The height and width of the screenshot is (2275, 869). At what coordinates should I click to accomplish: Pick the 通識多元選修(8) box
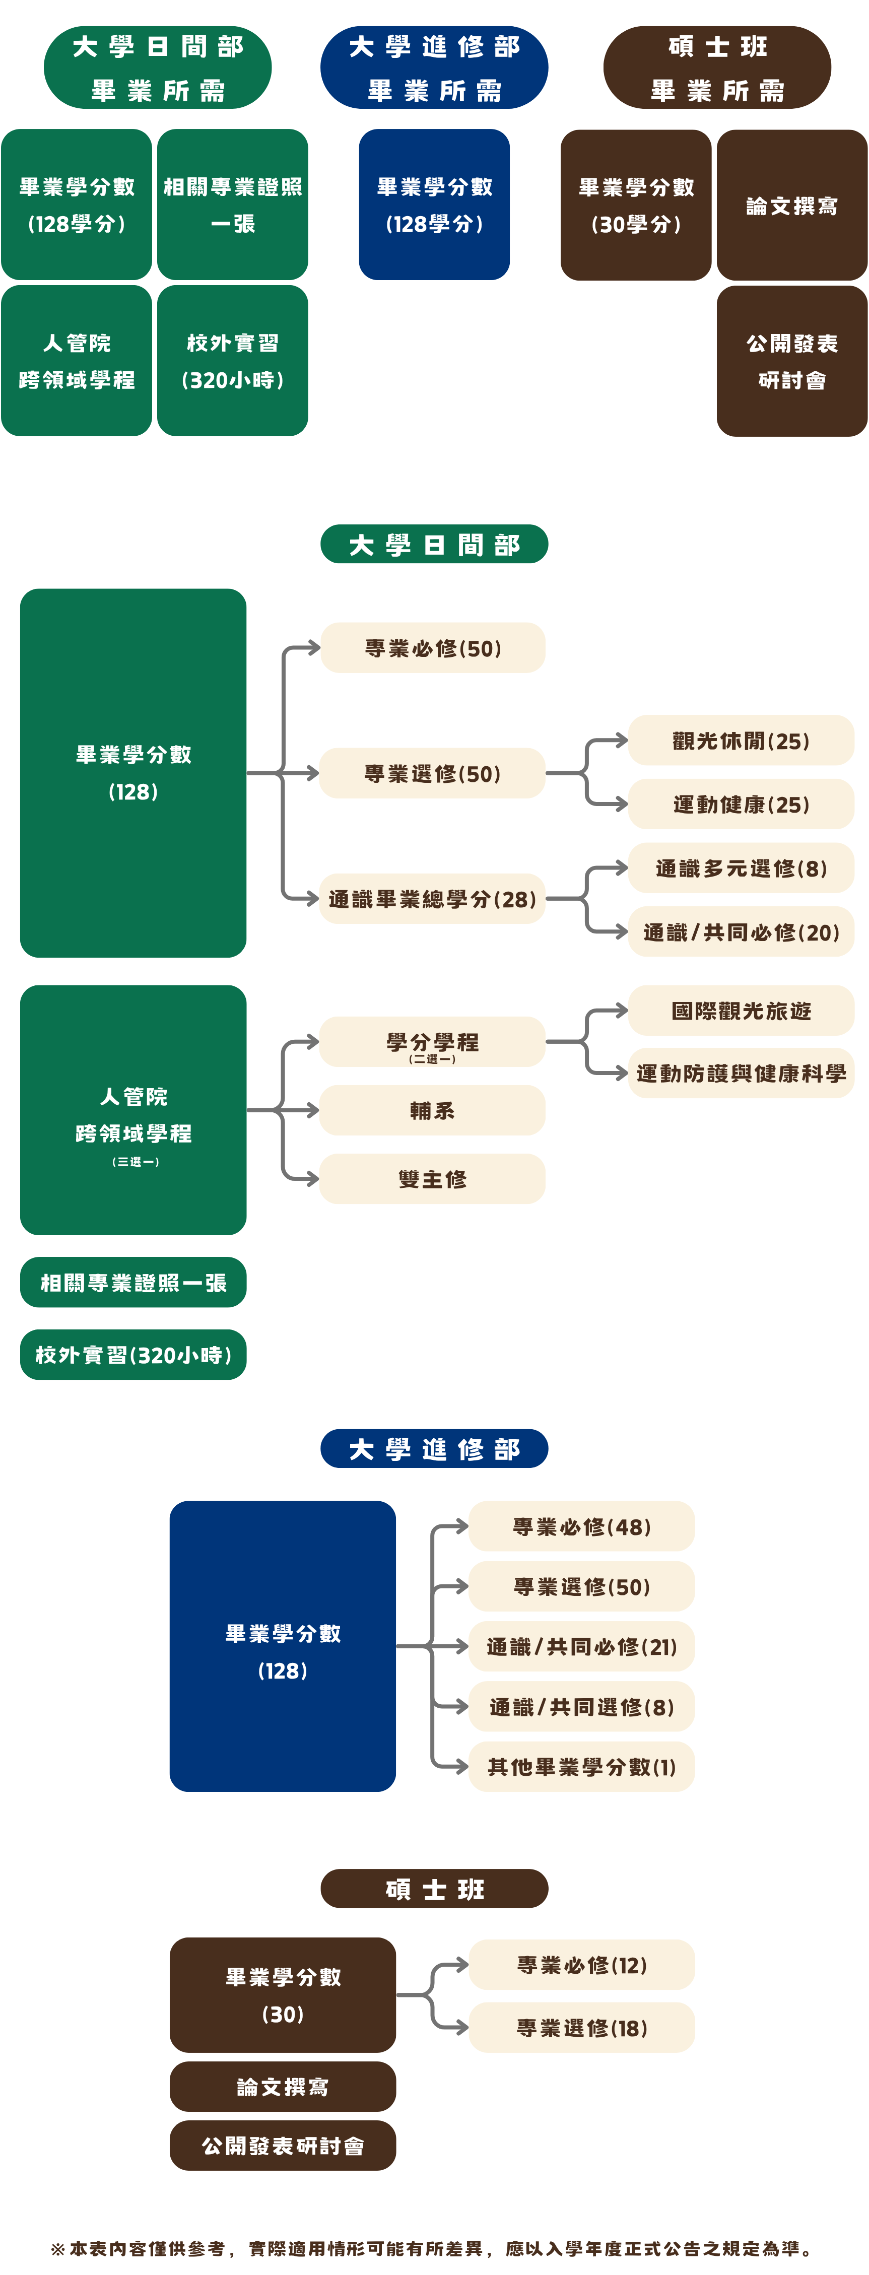[x=741, y=868]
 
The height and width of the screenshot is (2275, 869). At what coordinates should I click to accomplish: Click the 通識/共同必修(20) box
[x=741, y=932]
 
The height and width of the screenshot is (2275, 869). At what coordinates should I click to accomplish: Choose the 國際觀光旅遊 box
[x=741, y=1011]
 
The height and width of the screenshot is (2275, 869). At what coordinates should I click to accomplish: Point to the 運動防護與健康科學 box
[x=741, y=1073]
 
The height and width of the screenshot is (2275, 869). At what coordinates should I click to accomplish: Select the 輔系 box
[x=433, y=1110]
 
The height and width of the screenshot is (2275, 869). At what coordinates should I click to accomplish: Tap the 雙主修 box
[x=433, y=1178]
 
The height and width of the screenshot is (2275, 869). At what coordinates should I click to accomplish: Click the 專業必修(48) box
[x=581, y=1526]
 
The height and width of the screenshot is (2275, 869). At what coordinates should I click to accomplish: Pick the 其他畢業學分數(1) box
[x=581, y=1766]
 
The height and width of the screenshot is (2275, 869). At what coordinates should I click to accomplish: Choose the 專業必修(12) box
[x=581, y=1965]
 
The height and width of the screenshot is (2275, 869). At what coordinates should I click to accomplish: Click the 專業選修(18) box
[x=581, y=2028]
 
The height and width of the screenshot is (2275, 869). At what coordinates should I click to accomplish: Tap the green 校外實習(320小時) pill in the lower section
[x=133, y=1355]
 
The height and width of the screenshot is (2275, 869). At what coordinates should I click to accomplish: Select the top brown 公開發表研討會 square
[x=791, y=361]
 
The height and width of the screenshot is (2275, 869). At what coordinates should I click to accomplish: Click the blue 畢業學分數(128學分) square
[x=434, y=205]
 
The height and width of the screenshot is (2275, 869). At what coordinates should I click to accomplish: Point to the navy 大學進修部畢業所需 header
[x=434, y=67]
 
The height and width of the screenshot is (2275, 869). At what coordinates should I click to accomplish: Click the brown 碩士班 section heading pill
[x=434, y=1889]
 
